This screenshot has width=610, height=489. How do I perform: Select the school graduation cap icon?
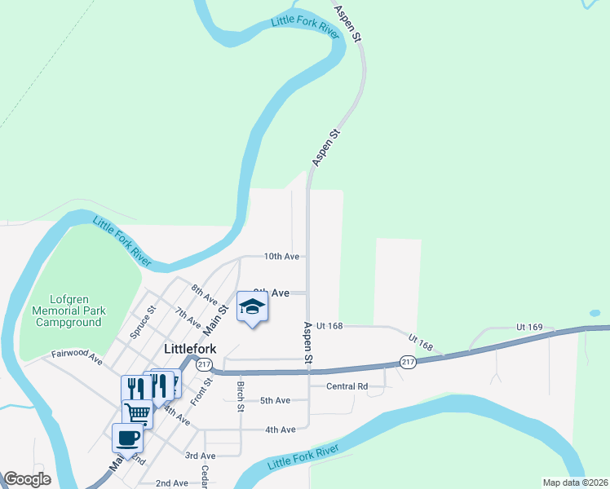point(252,307)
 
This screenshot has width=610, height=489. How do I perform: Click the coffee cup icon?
point(127,438)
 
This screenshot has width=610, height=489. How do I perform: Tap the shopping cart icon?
point(137,413)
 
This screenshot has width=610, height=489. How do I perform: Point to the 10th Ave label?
point(281,256)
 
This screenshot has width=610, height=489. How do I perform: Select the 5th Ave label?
point(275,400)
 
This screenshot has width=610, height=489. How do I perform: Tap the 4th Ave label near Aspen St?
point(280,430)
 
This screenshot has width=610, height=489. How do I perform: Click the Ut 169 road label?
point(529,327)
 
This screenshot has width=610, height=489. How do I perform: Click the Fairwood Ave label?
point(77,356)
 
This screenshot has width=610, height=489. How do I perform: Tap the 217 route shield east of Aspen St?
point(408,362)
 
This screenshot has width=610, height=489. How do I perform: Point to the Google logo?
point(27,479)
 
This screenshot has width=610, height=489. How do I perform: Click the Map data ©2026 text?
point(574,482)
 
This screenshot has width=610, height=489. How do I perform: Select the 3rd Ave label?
point(200,456)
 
